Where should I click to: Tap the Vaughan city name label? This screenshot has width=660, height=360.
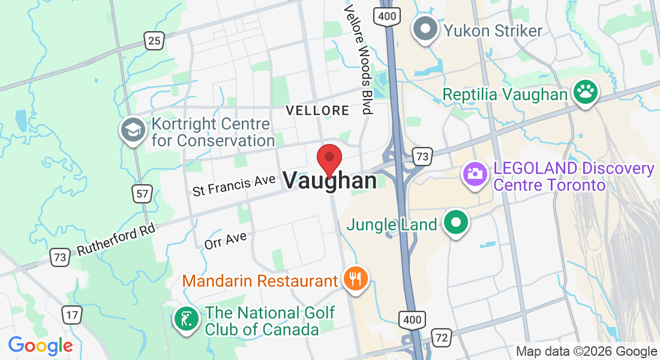330,181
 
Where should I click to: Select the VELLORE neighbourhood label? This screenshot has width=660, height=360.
317,110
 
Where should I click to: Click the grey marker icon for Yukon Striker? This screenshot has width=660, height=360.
425,29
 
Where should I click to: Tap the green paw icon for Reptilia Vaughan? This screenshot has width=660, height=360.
584,92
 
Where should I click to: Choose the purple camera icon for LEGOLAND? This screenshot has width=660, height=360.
474,174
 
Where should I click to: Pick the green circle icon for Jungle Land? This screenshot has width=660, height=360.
456,223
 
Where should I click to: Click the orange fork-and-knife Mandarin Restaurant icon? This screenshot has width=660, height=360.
356,278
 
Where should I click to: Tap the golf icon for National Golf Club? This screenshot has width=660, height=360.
185,319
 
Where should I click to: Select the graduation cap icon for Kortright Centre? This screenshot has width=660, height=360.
133,130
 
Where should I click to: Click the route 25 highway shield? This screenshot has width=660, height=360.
154,41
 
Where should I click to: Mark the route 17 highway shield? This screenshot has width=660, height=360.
72,314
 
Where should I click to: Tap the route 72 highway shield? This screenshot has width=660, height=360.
442,338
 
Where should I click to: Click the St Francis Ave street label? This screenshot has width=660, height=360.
234,185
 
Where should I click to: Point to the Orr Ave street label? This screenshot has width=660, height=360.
226,241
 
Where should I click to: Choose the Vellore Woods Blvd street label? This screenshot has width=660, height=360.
358,59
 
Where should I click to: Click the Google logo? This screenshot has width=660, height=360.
40,346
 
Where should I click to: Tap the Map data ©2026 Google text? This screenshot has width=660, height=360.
586,352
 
